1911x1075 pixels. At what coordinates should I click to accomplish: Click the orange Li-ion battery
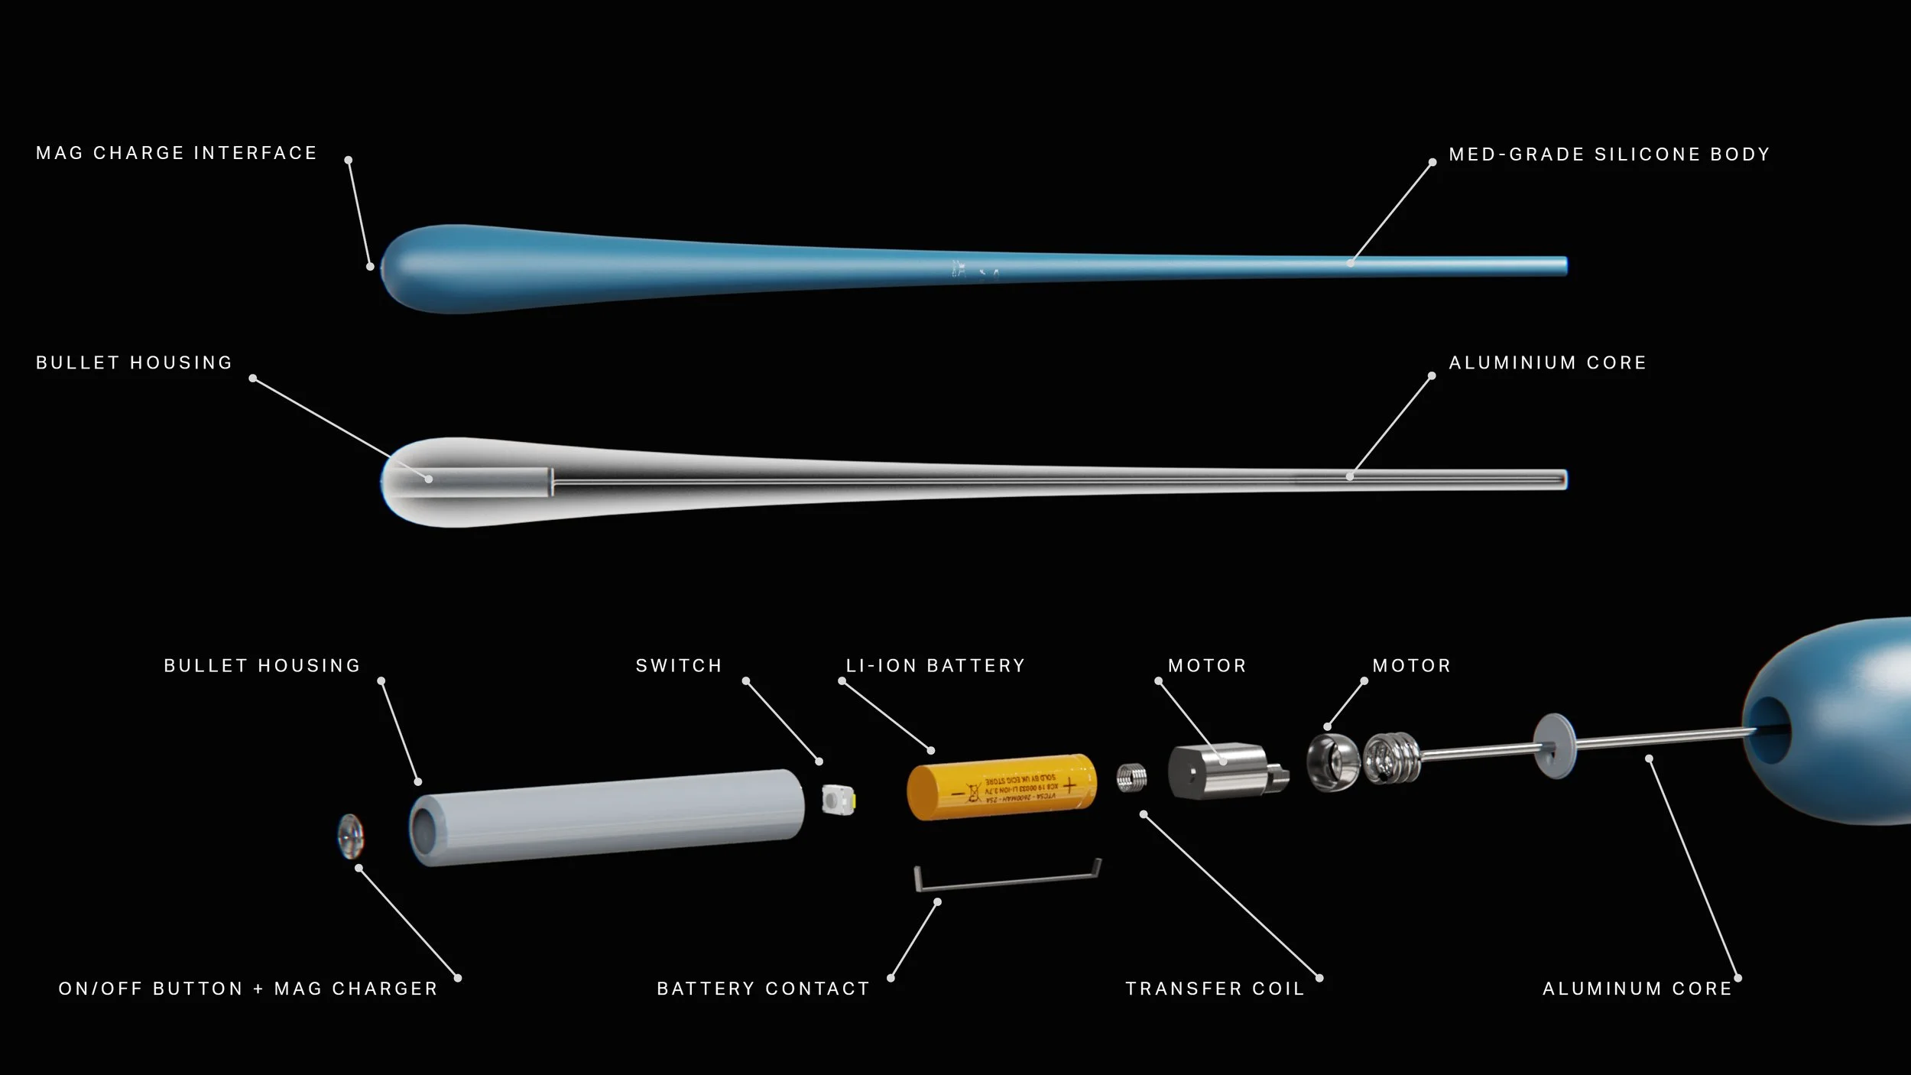1001,787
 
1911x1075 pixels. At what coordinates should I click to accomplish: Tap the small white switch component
839,800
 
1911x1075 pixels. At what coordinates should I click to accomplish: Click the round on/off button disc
350,836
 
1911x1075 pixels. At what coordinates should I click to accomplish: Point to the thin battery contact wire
1007,881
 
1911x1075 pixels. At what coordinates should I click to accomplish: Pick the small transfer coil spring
1131,778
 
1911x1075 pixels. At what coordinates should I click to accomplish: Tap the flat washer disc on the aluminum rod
1554,745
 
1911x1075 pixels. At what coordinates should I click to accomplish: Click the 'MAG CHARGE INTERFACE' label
177,154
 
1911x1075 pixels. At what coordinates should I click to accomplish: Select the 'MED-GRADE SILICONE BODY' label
1609,154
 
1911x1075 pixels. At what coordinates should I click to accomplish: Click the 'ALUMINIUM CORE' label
1547,363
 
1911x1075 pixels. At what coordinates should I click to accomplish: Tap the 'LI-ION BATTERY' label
935,666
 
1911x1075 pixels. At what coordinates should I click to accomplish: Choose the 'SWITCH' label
679,666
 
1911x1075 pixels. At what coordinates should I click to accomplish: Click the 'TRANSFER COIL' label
1215,989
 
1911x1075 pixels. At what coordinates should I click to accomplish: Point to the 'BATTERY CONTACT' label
763,989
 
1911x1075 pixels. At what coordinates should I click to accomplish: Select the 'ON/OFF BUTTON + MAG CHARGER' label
248,989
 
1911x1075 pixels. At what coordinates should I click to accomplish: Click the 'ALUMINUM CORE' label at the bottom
1637,989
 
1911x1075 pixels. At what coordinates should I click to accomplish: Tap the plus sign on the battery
1069,784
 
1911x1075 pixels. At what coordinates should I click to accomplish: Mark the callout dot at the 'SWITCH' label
746,680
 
